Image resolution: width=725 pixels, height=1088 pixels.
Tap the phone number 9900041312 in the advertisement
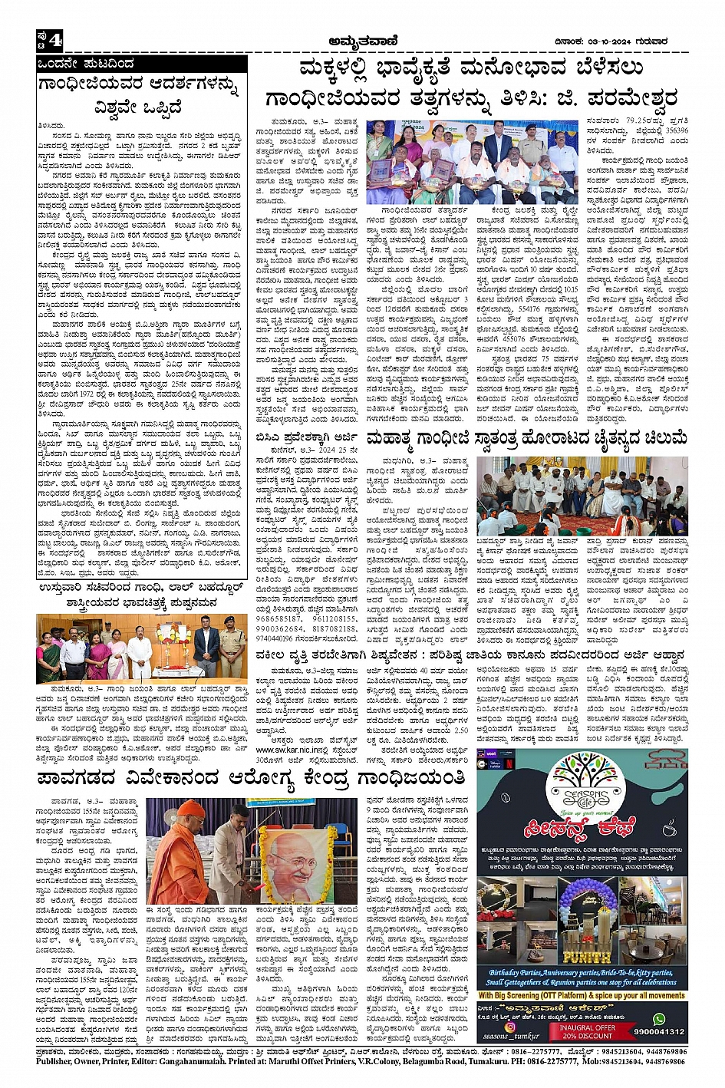tap(659, 1032)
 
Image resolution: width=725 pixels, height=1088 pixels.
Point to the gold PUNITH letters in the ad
tap(585, 958)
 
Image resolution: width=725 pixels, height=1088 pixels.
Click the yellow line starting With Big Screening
tap(582, 995)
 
